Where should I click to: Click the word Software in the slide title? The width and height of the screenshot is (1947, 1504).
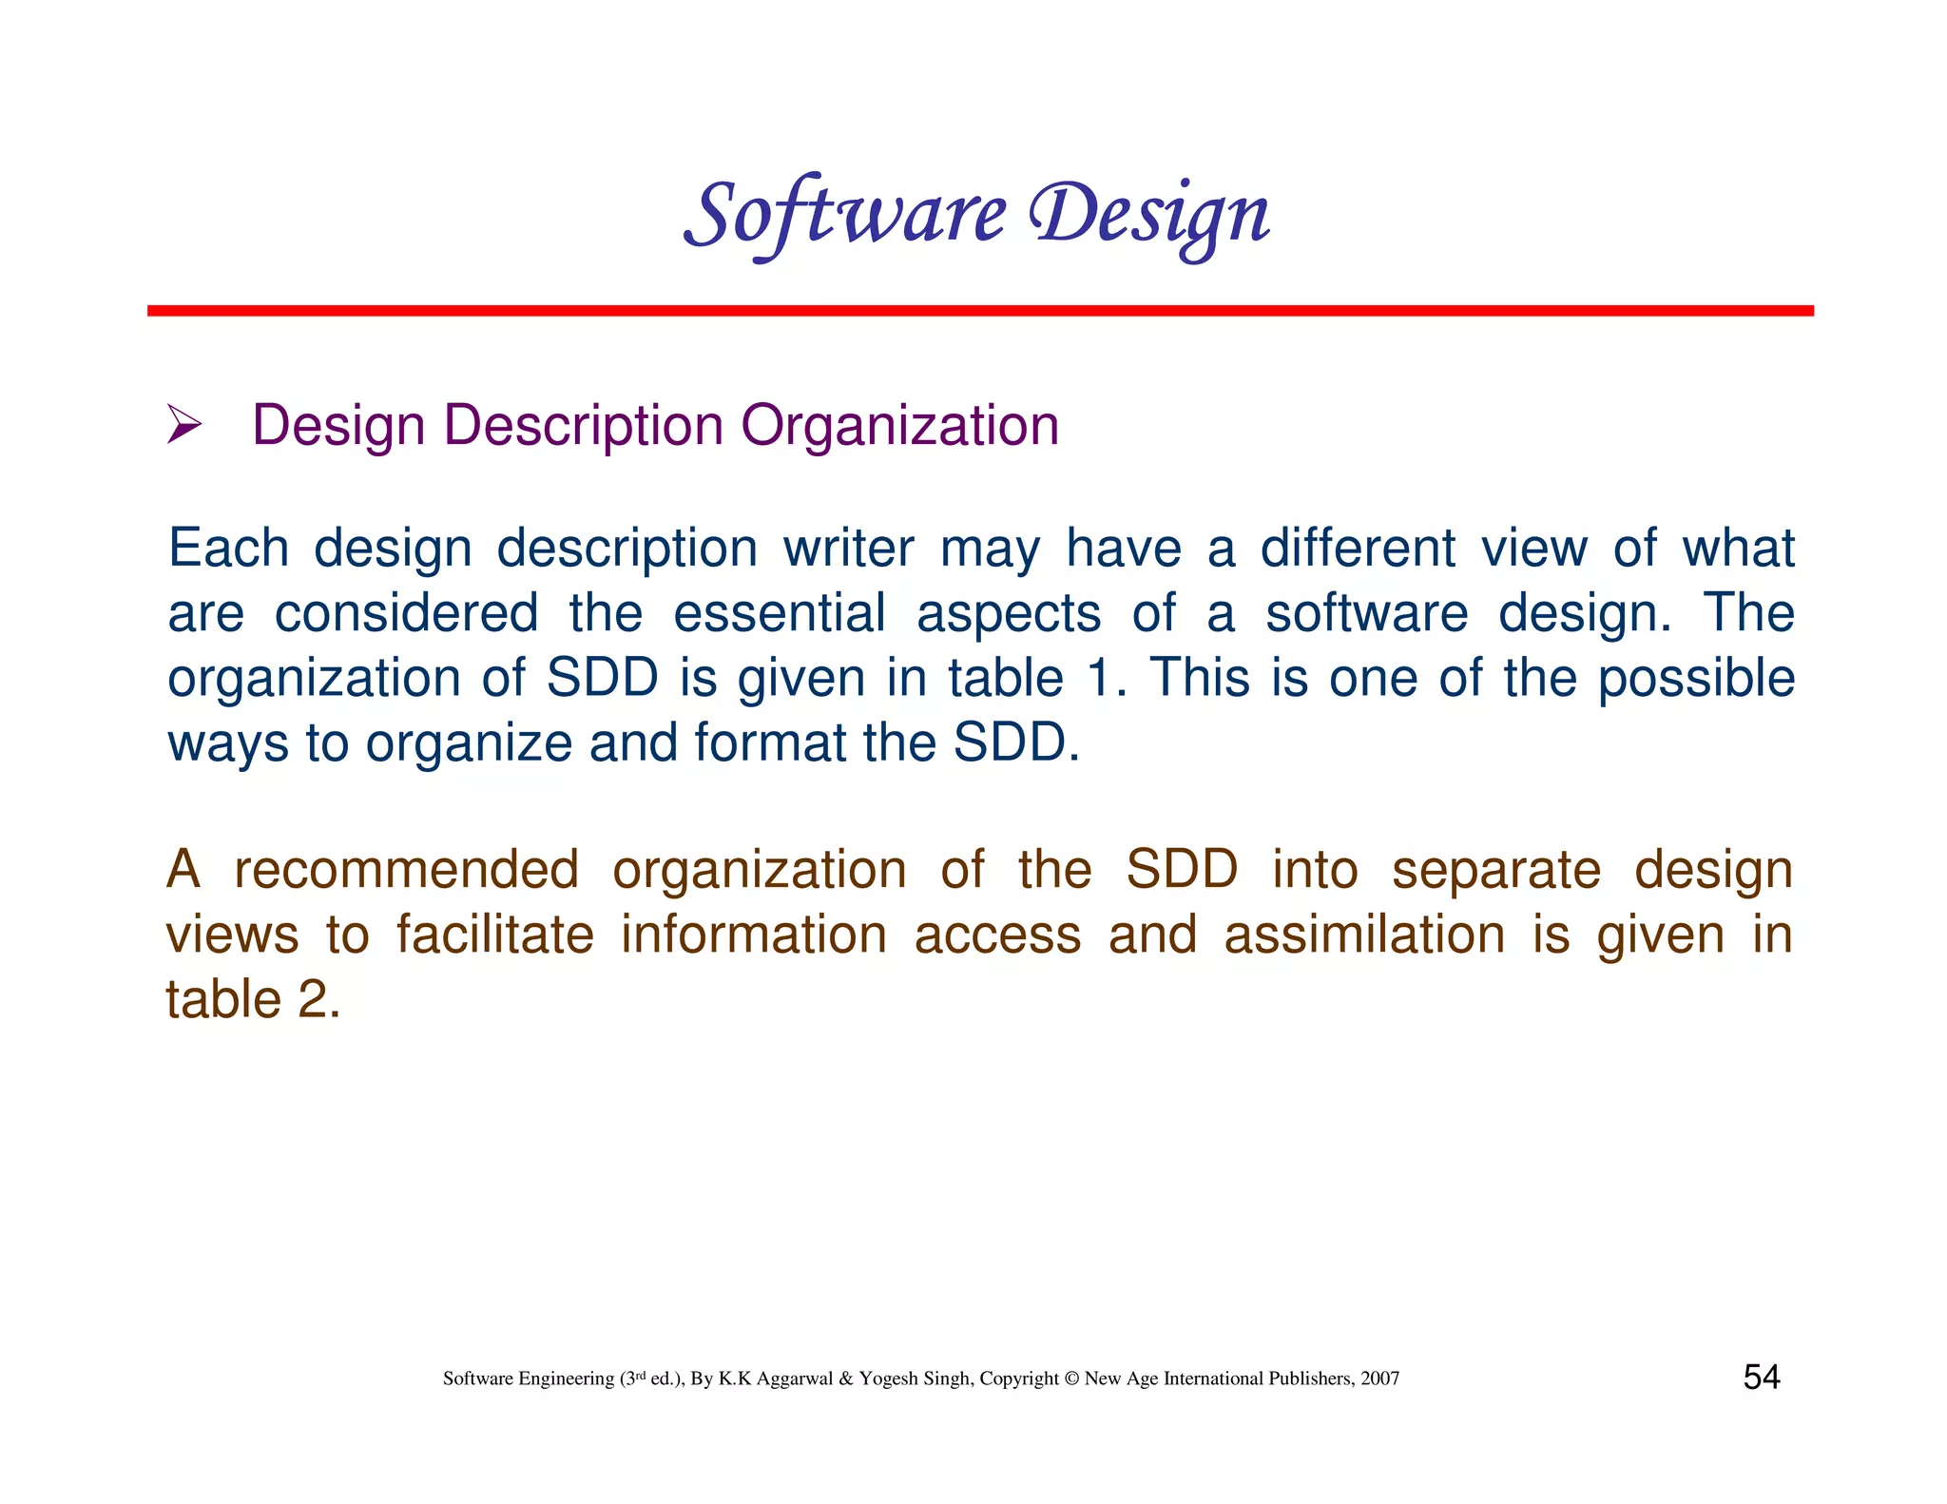[x=844, y=215]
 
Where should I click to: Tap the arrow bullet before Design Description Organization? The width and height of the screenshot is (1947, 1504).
[x=183, y=424]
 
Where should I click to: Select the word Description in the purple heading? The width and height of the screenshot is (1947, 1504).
[x=583, y=425]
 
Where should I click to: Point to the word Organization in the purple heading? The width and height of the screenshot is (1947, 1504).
[x=899, y=425]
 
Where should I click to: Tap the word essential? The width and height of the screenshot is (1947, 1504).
[x=779, y=612]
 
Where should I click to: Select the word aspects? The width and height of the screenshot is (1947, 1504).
[x=1008, y=612]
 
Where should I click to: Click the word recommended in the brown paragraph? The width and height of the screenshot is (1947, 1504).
[x=406, y=870]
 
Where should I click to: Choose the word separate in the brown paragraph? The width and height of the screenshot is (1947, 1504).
[x=1495, y=870]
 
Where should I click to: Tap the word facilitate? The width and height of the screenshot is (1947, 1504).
[x=494, y=935]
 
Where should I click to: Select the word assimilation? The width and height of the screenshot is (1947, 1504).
[x=1364, y=935]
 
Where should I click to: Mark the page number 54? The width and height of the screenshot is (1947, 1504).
[x=1761, y=1377]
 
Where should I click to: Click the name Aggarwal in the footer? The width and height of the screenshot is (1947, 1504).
[x=795, y=1379]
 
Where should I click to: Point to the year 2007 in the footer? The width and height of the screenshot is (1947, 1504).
[x=1379, y=1379]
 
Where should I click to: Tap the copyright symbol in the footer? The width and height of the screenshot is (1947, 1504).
[x=1071, y=1379]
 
